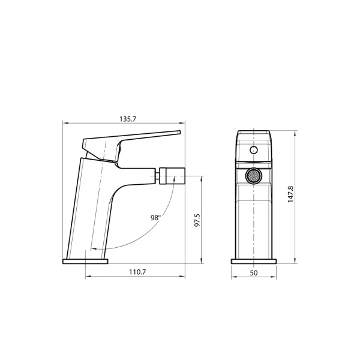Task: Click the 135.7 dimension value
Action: tap(127, 119)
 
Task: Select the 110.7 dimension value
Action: tap(137, 272)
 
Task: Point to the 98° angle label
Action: tap(156, 218)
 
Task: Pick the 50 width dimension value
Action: tap(253, 272)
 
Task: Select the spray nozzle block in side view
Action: tap(173, 176)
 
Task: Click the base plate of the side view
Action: tap(85, 261)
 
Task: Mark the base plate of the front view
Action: tap(253, 261)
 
